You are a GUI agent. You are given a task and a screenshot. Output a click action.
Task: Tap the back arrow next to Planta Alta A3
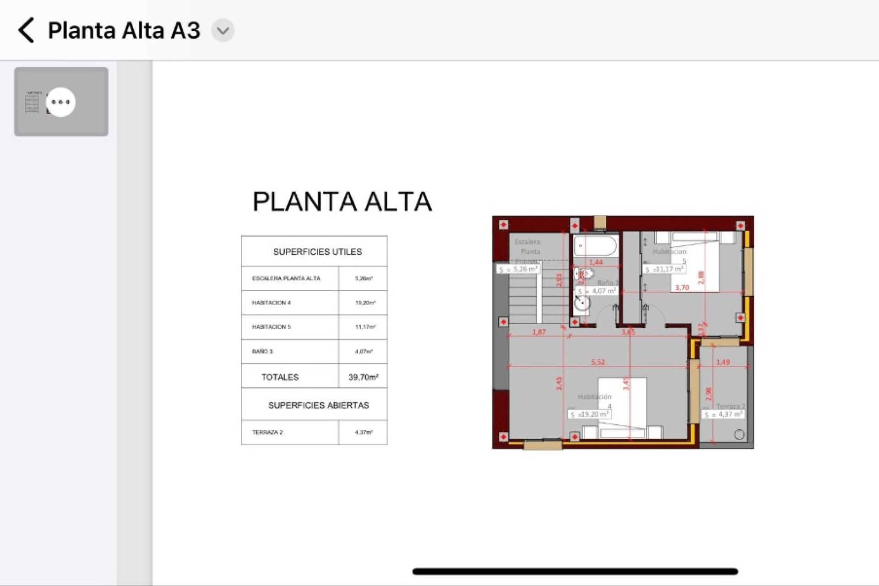[x=27, y=31]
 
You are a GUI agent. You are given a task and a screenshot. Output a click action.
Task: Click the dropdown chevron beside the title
[x=223, y=31]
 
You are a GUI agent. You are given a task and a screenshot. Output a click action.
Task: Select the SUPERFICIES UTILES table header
[x=317, y=252]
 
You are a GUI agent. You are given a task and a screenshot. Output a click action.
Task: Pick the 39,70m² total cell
[x=363, y=377]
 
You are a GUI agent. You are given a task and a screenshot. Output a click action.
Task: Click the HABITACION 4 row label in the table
[x=271, y=303]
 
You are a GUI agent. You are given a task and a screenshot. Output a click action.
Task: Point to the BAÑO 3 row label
[x=262, y=352]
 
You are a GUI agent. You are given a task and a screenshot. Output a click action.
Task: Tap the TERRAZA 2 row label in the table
[x=267, y=432]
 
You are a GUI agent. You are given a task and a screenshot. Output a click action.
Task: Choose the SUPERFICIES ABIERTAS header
[x=318, y=405]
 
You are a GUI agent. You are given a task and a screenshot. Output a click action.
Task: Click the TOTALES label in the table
[x=280, y=377]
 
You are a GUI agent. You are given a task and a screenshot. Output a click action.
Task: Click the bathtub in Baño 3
[x=595, y=246]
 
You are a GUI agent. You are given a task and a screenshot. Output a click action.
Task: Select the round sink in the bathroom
[x=582, y=303]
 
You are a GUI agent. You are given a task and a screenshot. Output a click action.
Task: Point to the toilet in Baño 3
[x=584, y=274]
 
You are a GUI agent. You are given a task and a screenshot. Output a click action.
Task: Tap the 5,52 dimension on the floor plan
[x=598, y=362]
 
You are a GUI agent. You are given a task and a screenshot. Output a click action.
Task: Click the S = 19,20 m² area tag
[x=590, y=414]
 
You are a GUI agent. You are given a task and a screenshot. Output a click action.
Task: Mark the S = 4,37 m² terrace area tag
[x=723, y=414]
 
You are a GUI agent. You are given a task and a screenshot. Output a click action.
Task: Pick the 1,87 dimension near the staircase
[x=539, y=332]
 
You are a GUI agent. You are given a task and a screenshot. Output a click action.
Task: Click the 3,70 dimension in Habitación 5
[x=682, y=288]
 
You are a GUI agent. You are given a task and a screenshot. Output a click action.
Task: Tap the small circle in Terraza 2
[x=739, y=435]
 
